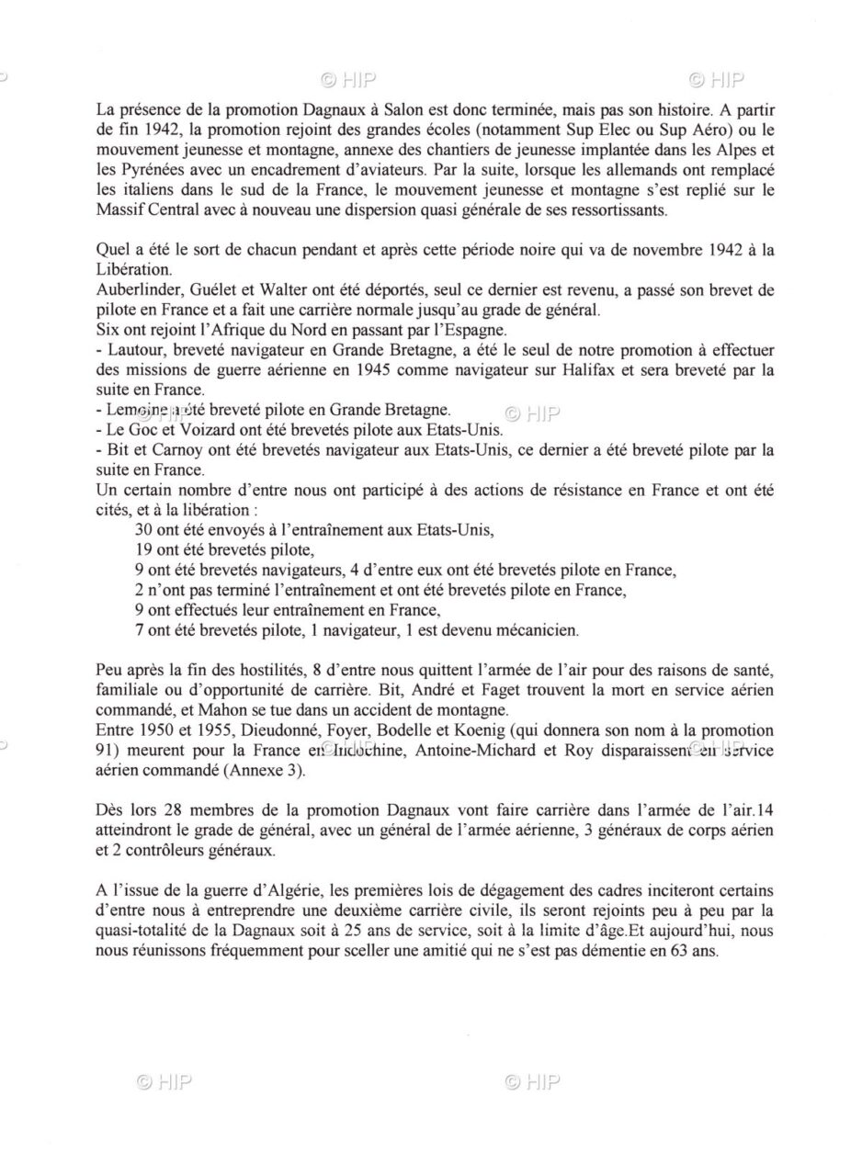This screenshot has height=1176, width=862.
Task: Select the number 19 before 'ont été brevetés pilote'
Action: click(142, 550)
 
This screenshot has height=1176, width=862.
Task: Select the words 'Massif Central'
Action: click(142, 209)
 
